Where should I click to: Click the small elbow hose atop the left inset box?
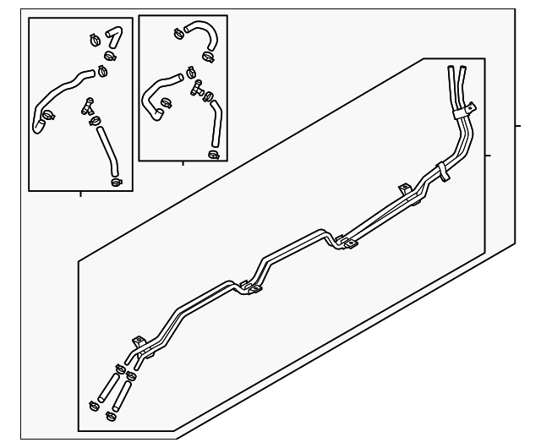pyautogui.click(x=112, y=38)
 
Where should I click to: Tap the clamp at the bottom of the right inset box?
pyautogui.click(x=213, y=154)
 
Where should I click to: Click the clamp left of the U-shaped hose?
pyautogui.click(x=179, y=35)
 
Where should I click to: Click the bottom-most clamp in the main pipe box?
pyautogui.click(x=108, y=416)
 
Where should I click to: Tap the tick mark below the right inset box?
pyautogui.click(x=183, y=162)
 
